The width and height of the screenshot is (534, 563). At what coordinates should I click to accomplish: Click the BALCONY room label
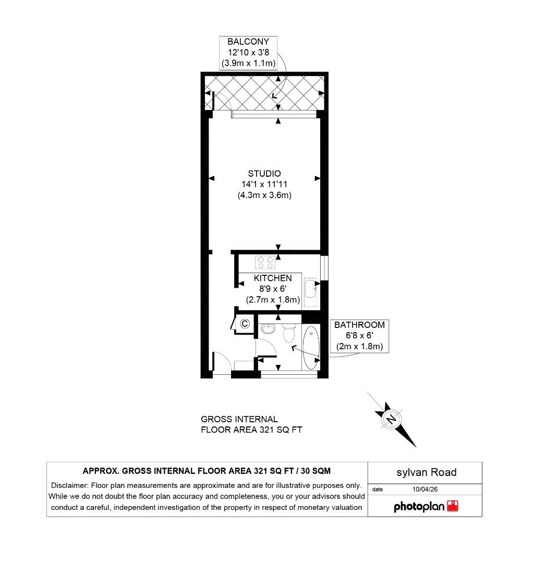click(x=248, y=42)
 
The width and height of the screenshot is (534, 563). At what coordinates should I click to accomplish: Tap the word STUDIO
click(x=264, y=174)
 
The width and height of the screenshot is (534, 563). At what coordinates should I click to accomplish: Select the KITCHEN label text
click(x=273, y=278)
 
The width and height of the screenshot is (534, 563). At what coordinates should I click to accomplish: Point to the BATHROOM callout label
click(x=359, y=325)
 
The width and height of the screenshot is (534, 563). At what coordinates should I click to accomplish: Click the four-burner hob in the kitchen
click(x=265, y=261)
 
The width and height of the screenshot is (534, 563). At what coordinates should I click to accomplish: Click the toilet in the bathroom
click(x=289, y=333)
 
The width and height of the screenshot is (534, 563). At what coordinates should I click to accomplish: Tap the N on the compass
click(x=391, y=418)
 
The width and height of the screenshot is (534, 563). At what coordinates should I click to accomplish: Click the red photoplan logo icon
click(x=453, y=506)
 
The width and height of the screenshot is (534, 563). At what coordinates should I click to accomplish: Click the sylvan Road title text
click(x=426, y=472)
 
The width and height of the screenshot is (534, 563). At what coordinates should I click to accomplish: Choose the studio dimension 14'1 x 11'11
click(x=264, y=185)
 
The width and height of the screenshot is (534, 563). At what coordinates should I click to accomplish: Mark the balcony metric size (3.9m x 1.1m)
click(x=248, y=64)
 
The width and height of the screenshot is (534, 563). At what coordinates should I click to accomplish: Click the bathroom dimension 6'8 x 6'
click(x=359, y=336)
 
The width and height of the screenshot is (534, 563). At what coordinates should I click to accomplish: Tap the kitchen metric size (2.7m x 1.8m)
click(x=273, y=300)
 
